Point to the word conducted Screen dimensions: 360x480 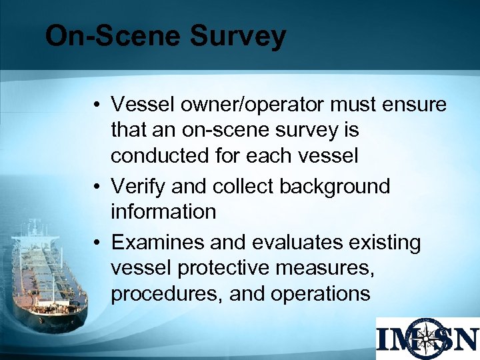pos(161,156)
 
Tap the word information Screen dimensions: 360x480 pos(163,211)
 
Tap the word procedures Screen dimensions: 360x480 pos(166,294)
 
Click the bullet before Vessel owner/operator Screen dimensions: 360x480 pos(97,105)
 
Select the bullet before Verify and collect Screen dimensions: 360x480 pos(97,187)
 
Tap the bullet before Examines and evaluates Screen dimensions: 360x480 pos(97,243)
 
